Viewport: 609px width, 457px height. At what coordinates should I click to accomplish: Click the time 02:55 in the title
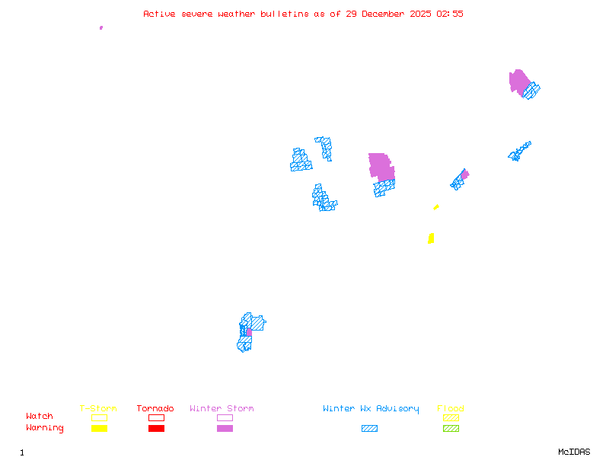pos(450,14)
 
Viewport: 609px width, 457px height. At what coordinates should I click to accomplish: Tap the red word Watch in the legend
pos(40,417)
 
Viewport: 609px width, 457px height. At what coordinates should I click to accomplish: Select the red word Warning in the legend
pos(45,428)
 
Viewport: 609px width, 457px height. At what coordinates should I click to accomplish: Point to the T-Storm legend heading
pos(98,409)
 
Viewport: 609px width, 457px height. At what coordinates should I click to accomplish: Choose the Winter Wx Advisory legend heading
pos(371,409)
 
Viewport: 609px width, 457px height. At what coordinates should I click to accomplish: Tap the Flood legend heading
pos(451,409)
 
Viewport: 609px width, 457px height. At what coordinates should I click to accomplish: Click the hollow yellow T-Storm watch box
pos(99,417)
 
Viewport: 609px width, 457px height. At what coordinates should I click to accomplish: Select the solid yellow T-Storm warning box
pos(99,428)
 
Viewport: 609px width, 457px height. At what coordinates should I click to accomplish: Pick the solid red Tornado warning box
pos(156,428)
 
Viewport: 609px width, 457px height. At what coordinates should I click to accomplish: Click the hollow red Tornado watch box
pos(156,417)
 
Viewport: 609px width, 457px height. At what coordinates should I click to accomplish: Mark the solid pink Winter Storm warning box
pos(225,428)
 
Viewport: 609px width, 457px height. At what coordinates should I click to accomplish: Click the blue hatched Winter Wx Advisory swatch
pos(369,428)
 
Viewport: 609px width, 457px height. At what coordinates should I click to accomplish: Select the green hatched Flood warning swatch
pos(451,428)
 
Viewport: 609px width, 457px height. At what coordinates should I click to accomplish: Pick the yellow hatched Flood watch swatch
pos(451,417)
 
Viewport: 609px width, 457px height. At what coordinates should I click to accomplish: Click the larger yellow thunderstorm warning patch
pos(431,238)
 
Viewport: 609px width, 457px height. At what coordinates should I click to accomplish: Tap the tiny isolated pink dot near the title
pos(101,27)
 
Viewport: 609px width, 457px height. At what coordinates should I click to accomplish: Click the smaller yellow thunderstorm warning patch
pos(436,206)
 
